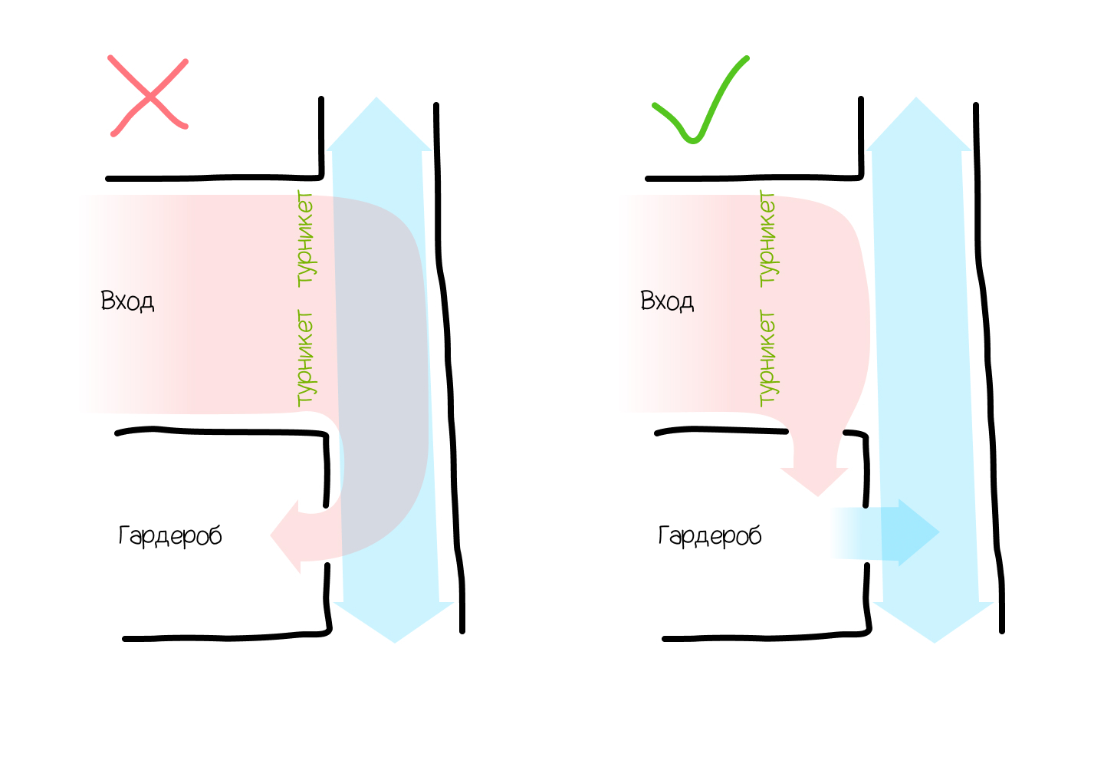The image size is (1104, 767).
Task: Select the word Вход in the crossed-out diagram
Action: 127,301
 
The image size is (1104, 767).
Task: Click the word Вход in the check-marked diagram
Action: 667,301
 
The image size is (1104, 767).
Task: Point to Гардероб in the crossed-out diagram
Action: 170,535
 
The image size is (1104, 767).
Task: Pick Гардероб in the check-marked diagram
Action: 710,535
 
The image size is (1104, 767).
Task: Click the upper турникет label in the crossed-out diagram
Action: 305,239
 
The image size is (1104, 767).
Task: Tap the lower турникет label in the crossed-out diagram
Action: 305,357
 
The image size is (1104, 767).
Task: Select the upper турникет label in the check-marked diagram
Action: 767,239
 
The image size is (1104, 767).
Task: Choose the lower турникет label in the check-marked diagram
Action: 767,357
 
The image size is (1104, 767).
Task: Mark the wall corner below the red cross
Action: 320,176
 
